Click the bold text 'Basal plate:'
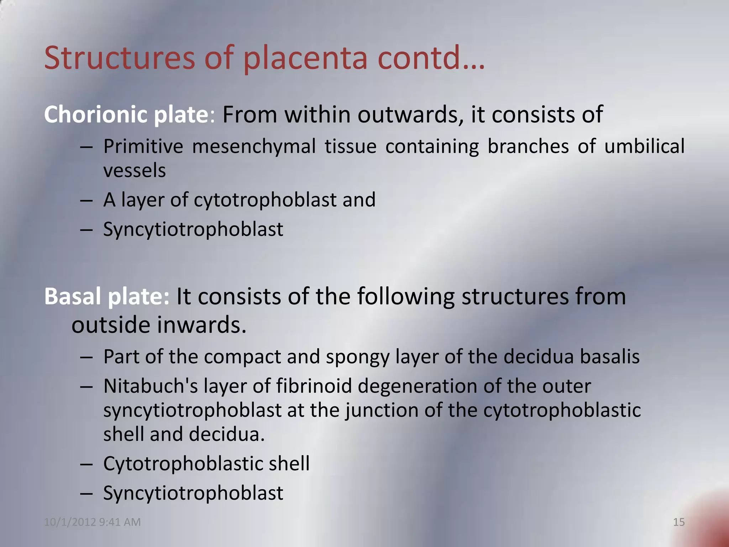pos(107,296)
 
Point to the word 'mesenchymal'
pos(254,146)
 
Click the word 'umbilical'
pos(644,146)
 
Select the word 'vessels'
pos(135,170)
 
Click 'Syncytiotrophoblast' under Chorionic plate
pos(193,229)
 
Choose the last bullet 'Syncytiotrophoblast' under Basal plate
pos(193,493)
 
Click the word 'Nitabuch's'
pos(150,386)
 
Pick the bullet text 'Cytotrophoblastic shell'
pos(206,464)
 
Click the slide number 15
pos(679,522)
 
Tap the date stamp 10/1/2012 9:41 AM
pos(92,522)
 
